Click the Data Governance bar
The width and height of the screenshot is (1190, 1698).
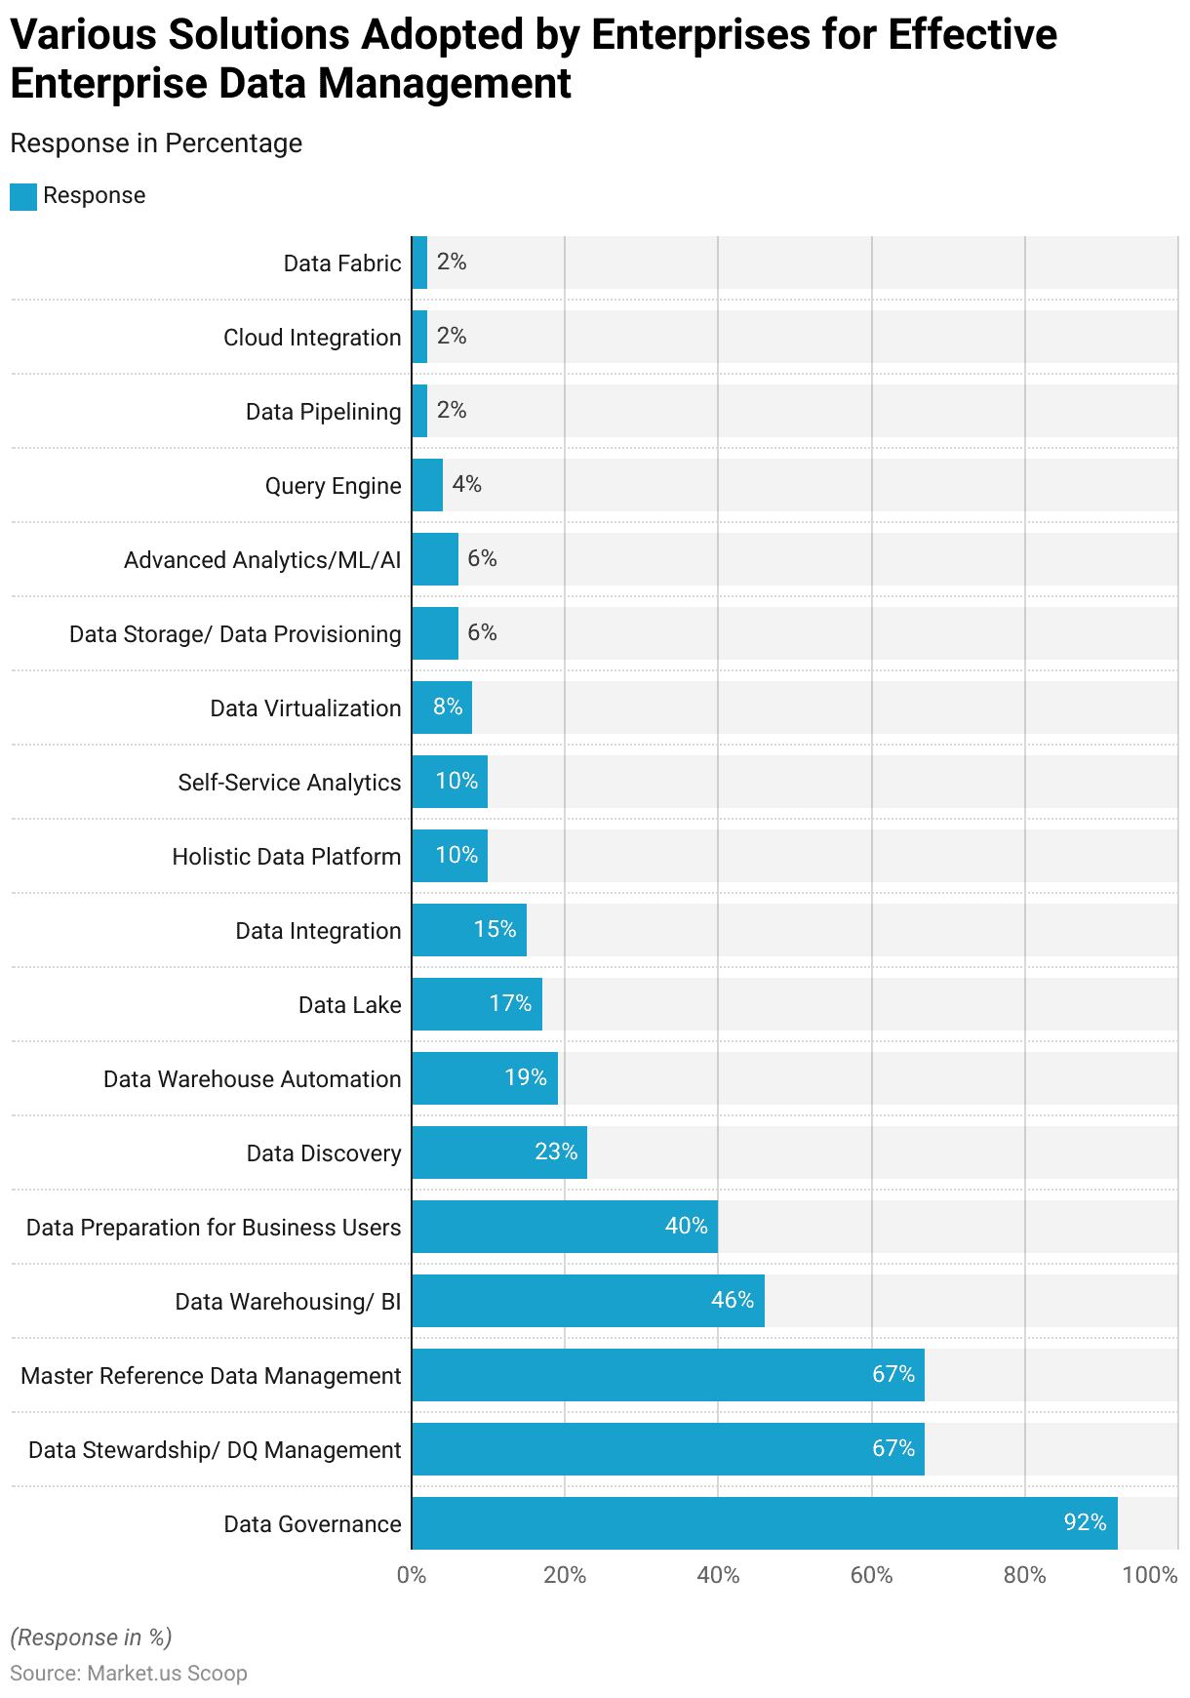764,1522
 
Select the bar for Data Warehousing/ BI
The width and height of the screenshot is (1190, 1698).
587,1300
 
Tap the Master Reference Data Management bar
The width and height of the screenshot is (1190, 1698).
667,1374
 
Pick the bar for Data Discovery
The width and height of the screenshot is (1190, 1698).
498,1152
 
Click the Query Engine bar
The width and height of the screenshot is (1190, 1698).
427,484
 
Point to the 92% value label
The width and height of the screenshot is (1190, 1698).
1085,1522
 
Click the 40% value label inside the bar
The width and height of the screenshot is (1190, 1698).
686,1226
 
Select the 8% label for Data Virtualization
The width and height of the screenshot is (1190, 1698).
448,707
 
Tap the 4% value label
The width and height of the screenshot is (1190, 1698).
466,484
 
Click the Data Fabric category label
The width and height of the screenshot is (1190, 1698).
341,263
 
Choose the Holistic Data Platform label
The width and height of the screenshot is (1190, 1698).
286,857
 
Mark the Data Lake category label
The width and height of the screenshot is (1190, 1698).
349,1005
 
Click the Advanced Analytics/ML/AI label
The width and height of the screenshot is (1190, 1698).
261,560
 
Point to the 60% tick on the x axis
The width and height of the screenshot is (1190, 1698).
871,1575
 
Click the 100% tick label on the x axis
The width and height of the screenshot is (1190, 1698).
1149,1575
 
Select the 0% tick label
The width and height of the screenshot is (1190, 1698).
412,1575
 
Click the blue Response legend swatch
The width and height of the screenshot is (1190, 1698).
23,196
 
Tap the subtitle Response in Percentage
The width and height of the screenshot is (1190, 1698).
156,143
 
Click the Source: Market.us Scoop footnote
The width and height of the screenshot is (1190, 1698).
128,1673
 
